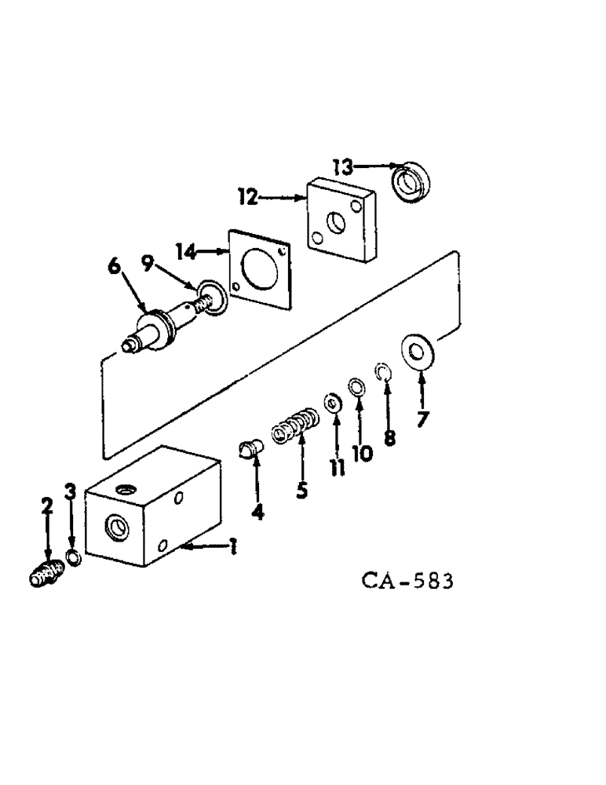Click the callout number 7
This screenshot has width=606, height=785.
(423, 418)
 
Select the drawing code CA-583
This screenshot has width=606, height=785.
(407, 582)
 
